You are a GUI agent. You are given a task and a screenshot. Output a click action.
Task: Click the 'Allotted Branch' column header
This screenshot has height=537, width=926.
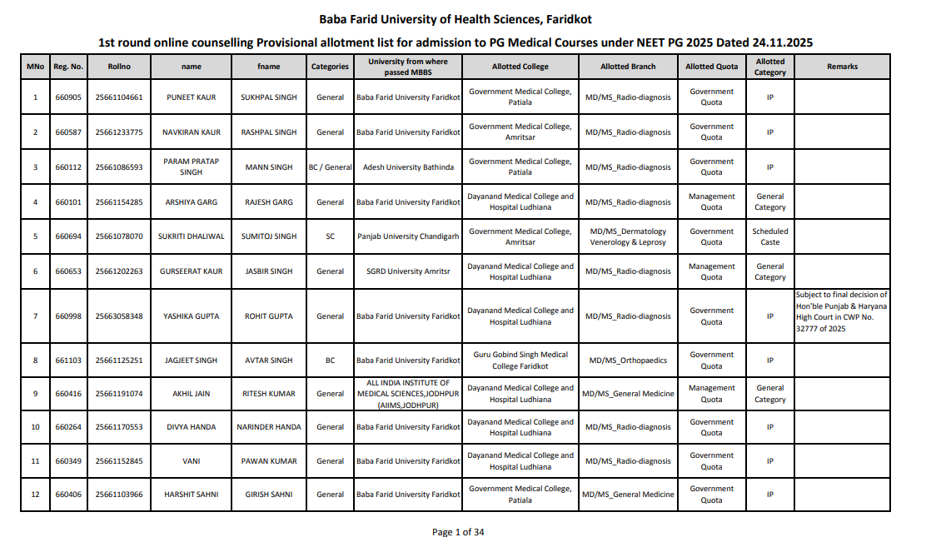[628, 67]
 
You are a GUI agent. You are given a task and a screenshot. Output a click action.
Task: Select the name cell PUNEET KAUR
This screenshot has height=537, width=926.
[191, 97]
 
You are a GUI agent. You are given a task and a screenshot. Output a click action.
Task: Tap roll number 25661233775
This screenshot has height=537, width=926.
[119, 132]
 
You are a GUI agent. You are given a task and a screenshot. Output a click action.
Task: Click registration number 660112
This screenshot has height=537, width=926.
[68, 167]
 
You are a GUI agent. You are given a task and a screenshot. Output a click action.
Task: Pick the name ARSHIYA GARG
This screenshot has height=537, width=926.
[191, 202]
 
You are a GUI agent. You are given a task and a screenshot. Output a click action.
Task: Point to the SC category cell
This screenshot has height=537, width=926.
[331, 236]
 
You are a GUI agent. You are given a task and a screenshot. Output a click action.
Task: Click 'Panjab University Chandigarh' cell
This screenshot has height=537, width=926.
[408, 236]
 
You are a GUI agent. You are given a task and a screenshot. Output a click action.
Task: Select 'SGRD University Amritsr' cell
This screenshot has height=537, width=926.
[408, 271]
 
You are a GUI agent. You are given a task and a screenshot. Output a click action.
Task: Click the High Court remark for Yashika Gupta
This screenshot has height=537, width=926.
[842, 311]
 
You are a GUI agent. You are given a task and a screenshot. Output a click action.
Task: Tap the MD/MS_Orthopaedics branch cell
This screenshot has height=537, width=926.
[628, 360]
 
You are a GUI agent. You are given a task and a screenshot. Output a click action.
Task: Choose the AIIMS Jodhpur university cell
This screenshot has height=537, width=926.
[408, 394]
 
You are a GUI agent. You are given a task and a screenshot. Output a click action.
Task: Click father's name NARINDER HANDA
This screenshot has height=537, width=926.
[269, 427]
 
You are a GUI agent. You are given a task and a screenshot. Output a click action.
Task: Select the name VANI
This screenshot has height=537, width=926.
[191, 461]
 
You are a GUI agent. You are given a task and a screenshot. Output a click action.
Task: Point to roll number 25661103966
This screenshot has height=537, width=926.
[119, 495]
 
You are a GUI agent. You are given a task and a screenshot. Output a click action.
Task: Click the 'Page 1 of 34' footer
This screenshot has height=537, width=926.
[458, 532]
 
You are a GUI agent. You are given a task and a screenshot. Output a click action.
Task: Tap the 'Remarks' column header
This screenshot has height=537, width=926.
[842, 67]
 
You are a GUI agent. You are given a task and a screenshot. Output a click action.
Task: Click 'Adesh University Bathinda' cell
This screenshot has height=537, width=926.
[408, 167]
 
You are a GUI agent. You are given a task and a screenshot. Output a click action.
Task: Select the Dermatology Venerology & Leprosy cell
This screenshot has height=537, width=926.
[628, 236]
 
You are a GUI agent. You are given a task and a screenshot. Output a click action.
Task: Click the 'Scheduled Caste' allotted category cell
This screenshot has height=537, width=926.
[770, 236]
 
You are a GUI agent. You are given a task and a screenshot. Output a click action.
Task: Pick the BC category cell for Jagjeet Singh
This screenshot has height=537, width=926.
[331, 360]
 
